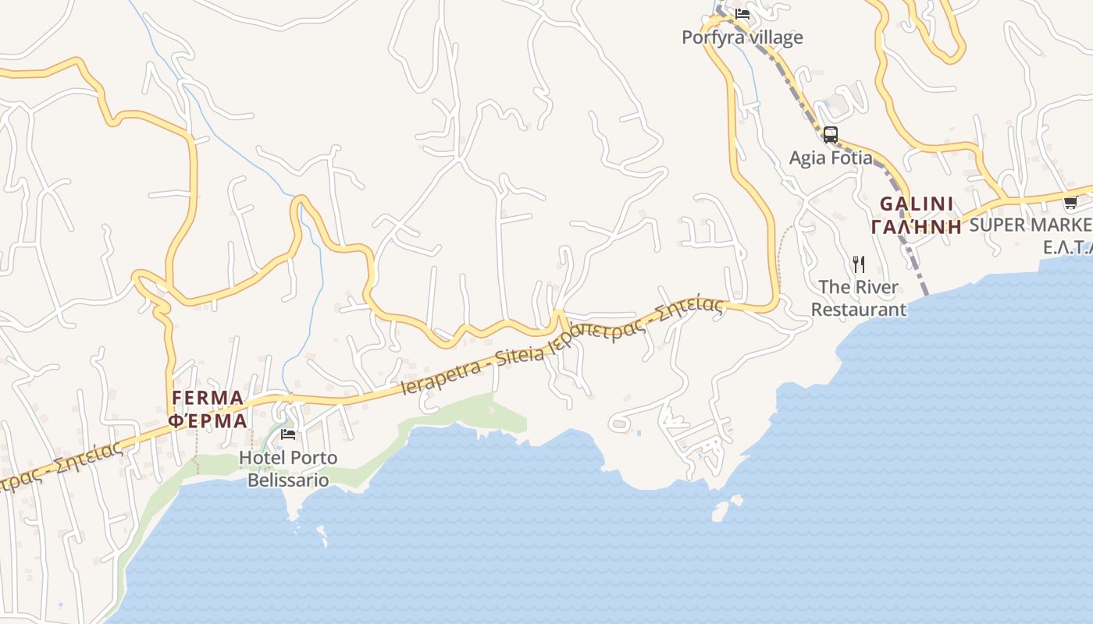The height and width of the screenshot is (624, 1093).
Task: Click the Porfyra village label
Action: (x=742, y=37)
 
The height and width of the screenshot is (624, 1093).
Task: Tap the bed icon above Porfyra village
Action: (x=742, y=13)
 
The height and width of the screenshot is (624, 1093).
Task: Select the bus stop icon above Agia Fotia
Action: (x=831, y=134)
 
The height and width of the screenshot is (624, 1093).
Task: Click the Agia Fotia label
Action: (x=831, y=158)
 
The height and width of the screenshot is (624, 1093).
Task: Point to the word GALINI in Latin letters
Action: (x=917, y=204)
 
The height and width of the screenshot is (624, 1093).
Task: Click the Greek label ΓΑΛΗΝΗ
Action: (x=917, y=227)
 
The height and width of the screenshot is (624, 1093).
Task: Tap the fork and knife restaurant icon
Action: (x=859, y=264)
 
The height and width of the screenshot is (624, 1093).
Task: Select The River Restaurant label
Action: (x=859, y=298)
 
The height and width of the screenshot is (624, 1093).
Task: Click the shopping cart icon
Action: (x=1070, y=203)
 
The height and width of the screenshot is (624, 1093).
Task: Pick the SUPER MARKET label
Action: (x=1031, y=225)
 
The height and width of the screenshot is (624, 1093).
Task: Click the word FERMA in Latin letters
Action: (x=208, y=398)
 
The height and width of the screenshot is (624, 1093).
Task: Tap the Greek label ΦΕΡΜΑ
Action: (x=208, y=420)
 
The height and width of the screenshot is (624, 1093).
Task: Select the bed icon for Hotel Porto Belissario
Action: (x=288, y=434)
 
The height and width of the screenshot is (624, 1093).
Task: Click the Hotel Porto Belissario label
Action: (x=288, y=468)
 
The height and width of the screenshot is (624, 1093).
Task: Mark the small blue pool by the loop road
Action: (x=639, y=433)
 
